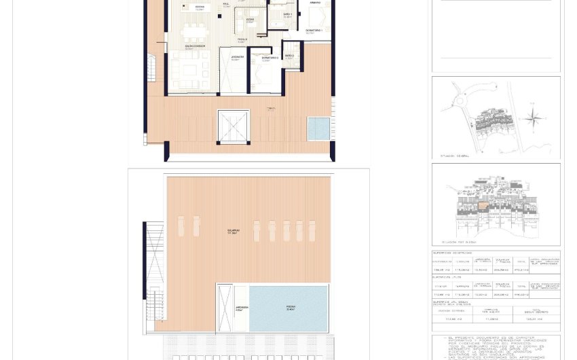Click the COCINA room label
(x=200, y=9)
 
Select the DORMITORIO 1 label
(x=313, y=31)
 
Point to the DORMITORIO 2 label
(x=269, y=58)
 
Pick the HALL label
(x=226, y=5)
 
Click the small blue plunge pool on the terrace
(x=318, y=129)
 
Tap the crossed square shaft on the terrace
(x=234, y=127)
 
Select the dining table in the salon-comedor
(x=194, y=31)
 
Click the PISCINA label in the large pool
(x=290, y=308)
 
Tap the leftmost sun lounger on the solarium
(x=181, y=226)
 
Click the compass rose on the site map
(x=534, y=120)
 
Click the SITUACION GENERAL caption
(x=455, y=156)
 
